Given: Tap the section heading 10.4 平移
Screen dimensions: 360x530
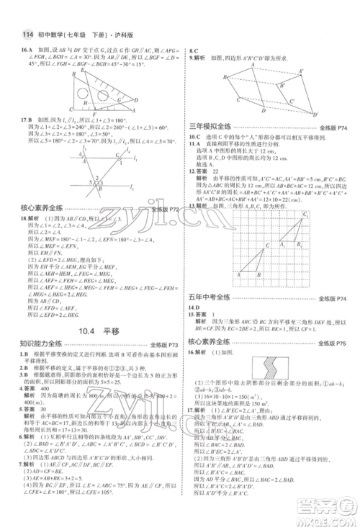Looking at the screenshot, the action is [x=91, y=331].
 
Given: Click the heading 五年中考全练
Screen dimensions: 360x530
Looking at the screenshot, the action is [x=215, y=296].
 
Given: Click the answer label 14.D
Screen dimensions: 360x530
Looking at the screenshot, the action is [x=196, y=307].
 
